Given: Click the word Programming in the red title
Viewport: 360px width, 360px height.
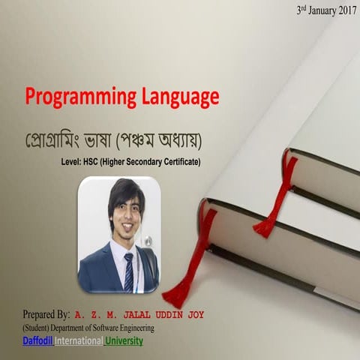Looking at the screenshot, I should tap(78, 97).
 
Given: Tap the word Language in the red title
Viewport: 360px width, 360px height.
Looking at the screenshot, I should tap(177, 97).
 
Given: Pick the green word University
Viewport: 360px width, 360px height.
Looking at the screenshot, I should tap(124, 341).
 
